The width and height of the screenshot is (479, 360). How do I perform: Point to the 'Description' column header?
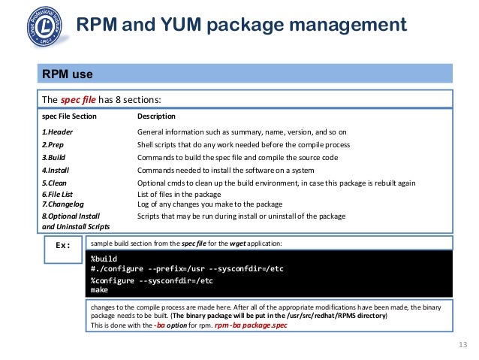click(x=156, y=116)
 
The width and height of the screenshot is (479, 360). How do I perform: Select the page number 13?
click(x=461, y=345)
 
